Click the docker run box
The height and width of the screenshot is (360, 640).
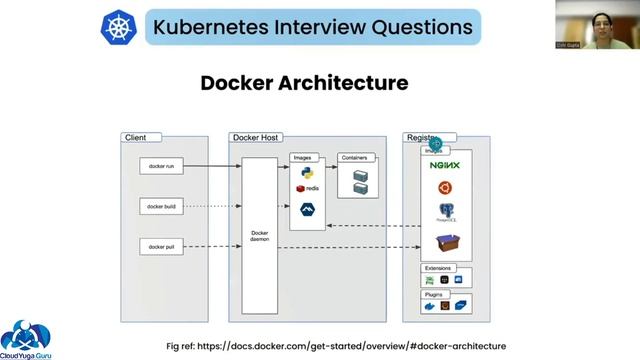[x=160, y=165]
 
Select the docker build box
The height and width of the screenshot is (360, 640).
[x=160, y=205]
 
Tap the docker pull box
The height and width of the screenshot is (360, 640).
[x=160, y=246]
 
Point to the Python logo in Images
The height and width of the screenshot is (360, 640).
[x=307, y=172]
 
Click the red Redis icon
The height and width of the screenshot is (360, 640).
[x=300, y=188]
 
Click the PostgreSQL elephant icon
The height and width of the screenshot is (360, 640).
[x=445, y=212]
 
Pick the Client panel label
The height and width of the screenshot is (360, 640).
[x=135, y=137]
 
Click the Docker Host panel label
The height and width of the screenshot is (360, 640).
[x=256, y=137]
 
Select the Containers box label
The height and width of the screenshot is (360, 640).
[x=354, y=157]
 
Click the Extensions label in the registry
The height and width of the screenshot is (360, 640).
[x=439, y=268]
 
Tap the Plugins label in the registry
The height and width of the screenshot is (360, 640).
[x=435, y=295]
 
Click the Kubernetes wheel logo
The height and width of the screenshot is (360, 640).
[x=120, y=28]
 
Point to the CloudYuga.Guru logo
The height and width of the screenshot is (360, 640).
[x=28, y=337]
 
